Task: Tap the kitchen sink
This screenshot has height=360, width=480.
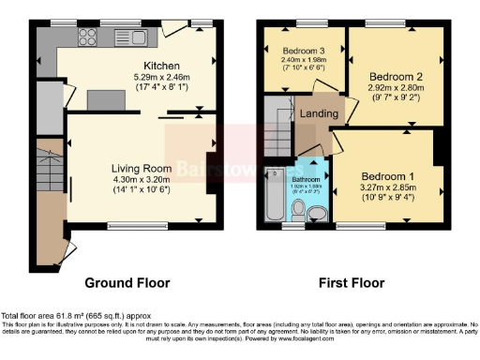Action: pyautogui.click(x=123, y=38)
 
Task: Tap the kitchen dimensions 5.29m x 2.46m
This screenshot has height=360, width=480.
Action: pyautogui.click(x=161, y=77)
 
